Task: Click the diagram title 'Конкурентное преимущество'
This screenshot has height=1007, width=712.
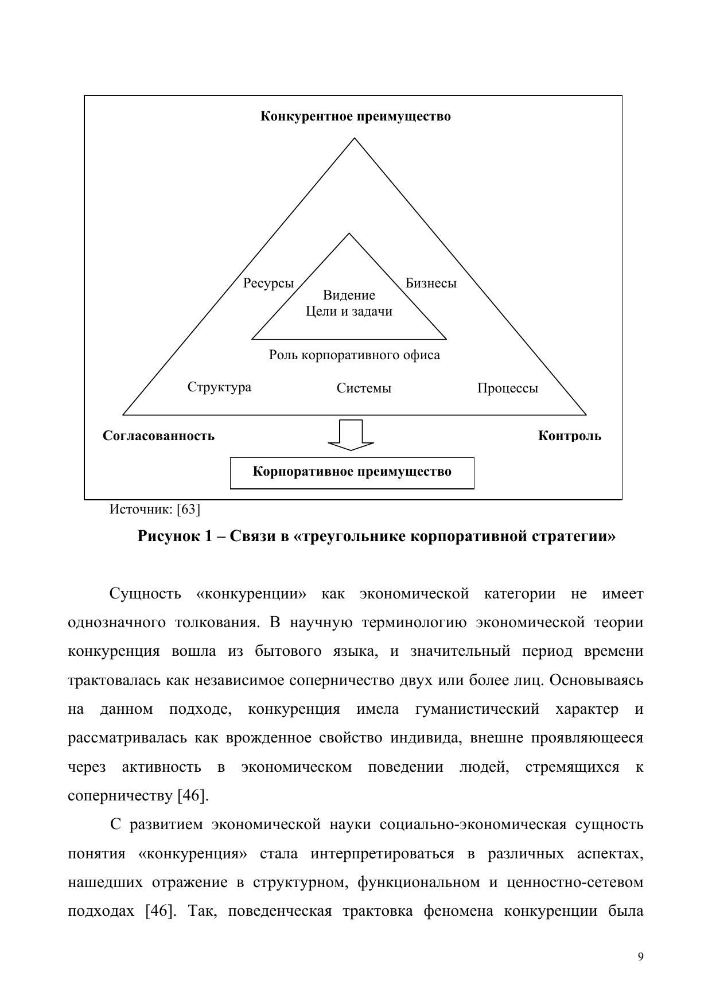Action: [355, 116]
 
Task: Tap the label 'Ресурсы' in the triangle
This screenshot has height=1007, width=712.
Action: [268, 283]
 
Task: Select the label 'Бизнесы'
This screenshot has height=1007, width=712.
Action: [431, 283]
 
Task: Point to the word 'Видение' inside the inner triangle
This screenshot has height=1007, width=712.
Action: [349, 296]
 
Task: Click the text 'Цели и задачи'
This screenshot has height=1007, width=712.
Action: [349, 312]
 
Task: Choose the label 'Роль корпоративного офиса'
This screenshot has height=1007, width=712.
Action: [355, 355]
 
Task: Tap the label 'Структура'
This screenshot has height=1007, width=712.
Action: [219, 387]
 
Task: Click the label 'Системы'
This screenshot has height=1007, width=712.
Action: [364, 388]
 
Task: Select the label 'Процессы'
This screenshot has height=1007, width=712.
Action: [508, 388]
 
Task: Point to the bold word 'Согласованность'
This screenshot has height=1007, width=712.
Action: [158, 436]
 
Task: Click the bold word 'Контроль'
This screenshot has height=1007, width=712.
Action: [570, 436]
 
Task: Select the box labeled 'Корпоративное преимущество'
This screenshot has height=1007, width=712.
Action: [352, 473]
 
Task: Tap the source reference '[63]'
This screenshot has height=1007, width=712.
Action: [188, 509]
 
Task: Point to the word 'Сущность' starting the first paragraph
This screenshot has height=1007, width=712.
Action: [145, 594]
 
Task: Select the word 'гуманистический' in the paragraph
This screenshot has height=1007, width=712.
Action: [477, 709]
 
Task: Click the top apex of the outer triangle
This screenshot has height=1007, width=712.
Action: [355, 138]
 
